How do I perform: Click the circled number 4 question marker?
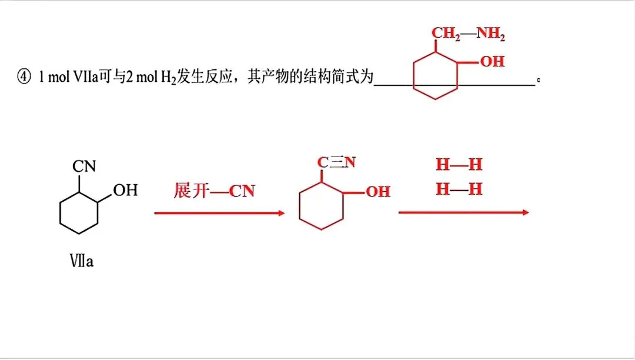24,76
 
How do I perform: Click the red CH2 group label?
446,34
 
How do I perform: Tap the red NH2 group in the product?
491,34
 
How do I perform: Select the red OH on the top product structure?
493,62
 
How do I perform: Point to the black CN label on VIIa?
84,166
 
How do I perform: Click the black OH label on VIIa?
126,190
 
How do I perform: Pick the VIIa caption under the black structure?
81,261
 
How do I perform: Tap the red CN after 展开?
242,191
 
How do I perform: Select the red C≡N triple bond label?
336,162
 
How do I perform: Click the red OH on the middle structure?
378,192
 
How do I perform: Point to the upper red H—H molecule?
459,164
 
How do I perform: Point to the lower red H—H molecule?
459,189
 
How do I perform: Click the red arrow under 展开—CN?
219,213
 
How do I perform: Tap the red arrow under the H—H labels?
464,212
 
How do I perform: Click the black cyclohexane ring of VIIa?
60,212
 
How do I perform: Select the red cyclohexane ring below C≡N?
300,206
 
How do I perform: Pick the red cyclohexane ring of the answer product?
413,75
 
